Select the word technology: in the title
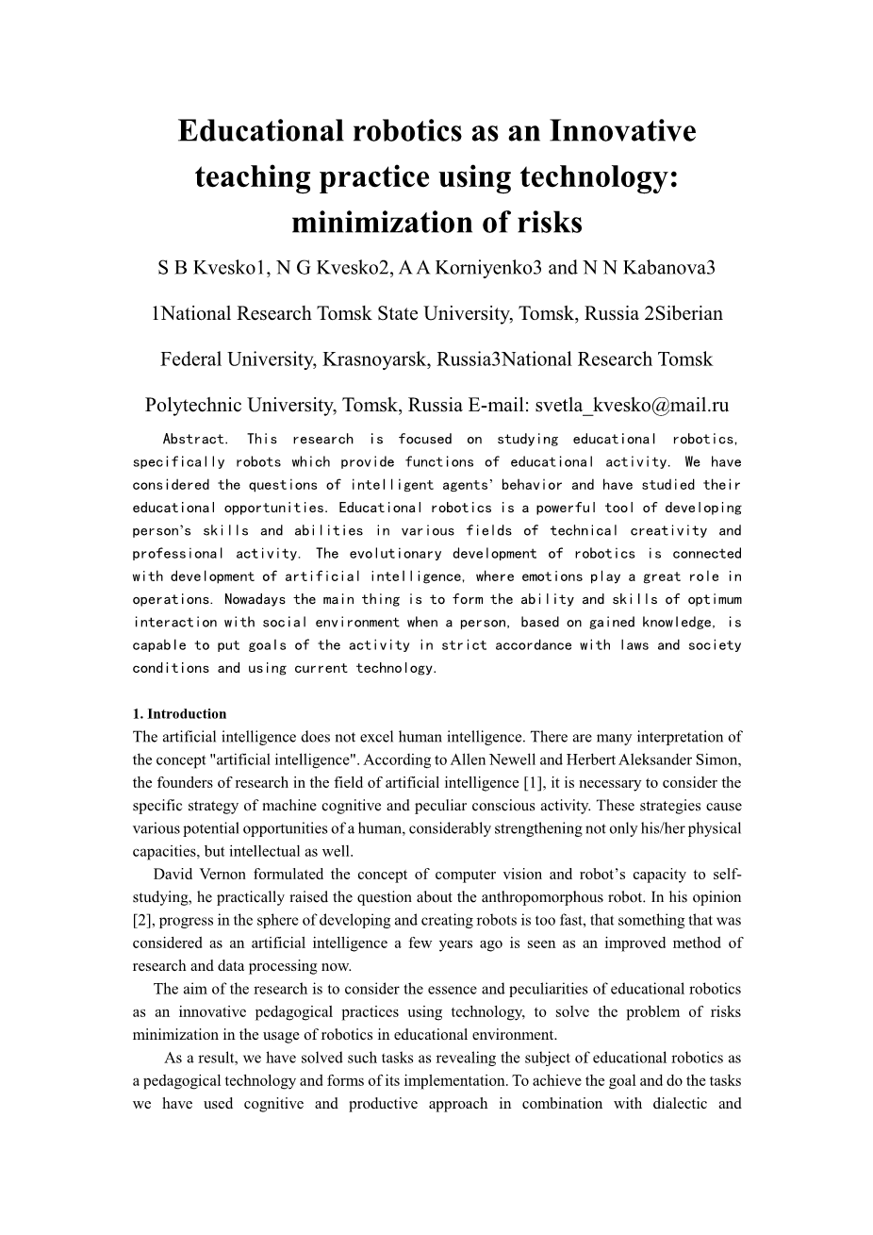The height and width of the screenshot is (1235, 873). (x=596, y=176)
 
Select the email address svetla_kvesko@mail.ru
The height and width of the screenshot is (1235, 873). (x=632, y=406)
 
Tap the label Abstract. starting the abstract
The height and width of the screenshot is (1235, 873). (x=195, y=439)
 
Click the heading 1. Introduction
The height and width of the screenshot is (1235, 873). (x=180, y=714)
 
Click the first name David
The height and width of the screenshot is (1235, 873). (x=173, y=874)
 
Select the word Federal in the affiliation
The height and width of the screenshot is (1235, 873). (x=189, y=359)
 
